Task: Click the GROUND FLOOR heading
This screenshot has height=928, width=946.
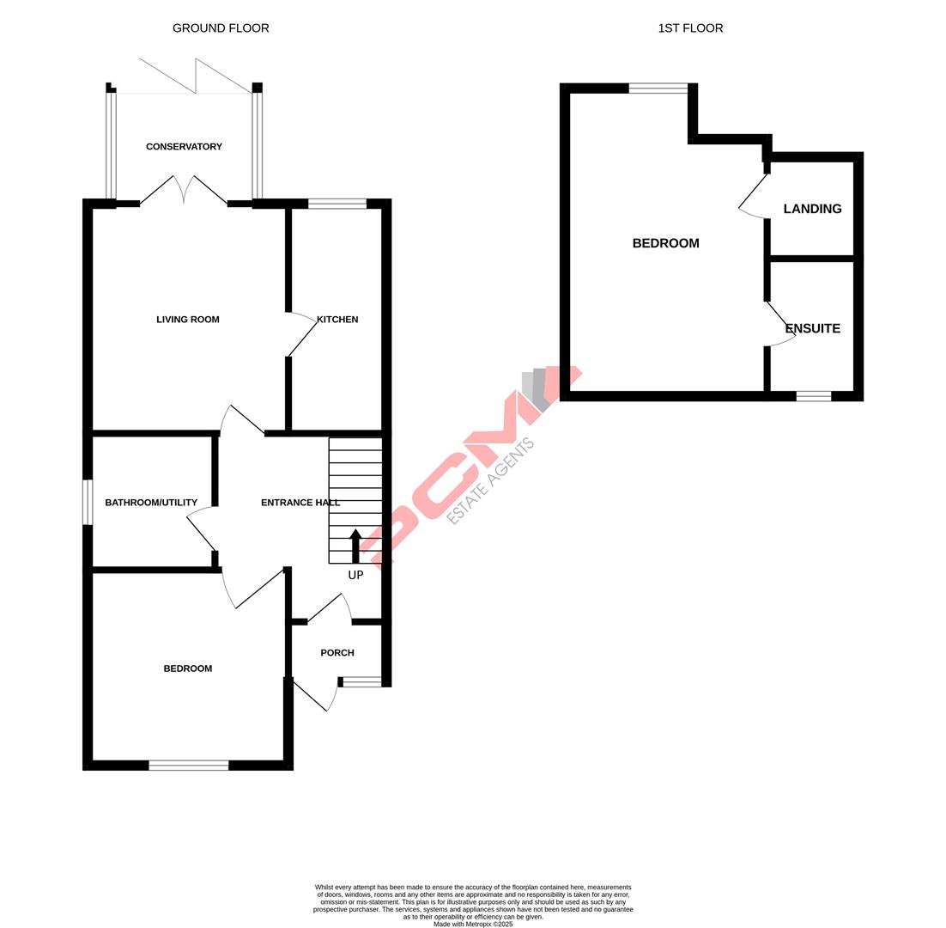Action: coord(221,28)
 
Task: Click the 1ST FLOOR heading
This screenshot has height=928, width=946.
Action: coord(690,28)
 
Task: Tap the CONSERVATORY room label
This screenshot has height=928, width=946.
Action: coord(184,147)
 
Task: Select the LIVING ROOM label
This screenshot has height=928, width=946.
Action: coord(188,320)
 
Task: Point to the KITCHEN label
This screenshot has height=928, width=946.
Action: coord(337,320)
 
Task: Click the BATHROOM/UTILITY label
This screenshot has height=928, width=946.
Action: coord(151,503)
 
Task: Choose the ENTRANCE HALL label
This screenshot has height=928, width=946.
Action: coord(300,503)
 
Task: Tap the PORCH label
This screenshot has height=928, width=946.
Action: coord(337,653)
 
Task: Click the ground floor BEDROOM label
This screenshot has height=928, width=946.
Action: coord(188,669)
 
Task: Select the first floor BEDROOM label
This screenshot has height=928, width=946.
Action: coord(665,243)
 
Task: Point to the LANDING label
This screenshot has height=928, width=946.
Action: coord(812,209)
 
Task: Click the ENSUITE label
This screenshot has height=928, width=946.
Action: coord(812,328)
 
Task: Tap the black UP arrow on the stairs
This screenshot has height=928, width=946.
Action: coord(355,546)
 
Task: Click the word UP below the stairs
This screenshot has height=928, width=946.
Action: coord(355,576)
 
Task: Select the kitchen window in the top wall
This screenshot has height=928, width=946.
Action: coord(337,204)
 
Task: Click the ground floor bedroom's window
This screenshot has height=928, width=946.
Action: coord(189,765)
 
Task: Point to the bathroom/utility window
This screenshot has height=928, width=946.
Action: coord(88,502)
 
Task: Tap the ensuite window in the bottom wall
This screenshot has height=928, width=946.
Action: coord(813,396)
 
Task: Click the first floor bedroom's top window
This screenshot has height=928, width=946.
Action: coord(658,88)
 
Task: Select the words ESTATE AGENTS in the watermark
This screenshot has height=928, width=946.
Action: coord(492,481)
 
